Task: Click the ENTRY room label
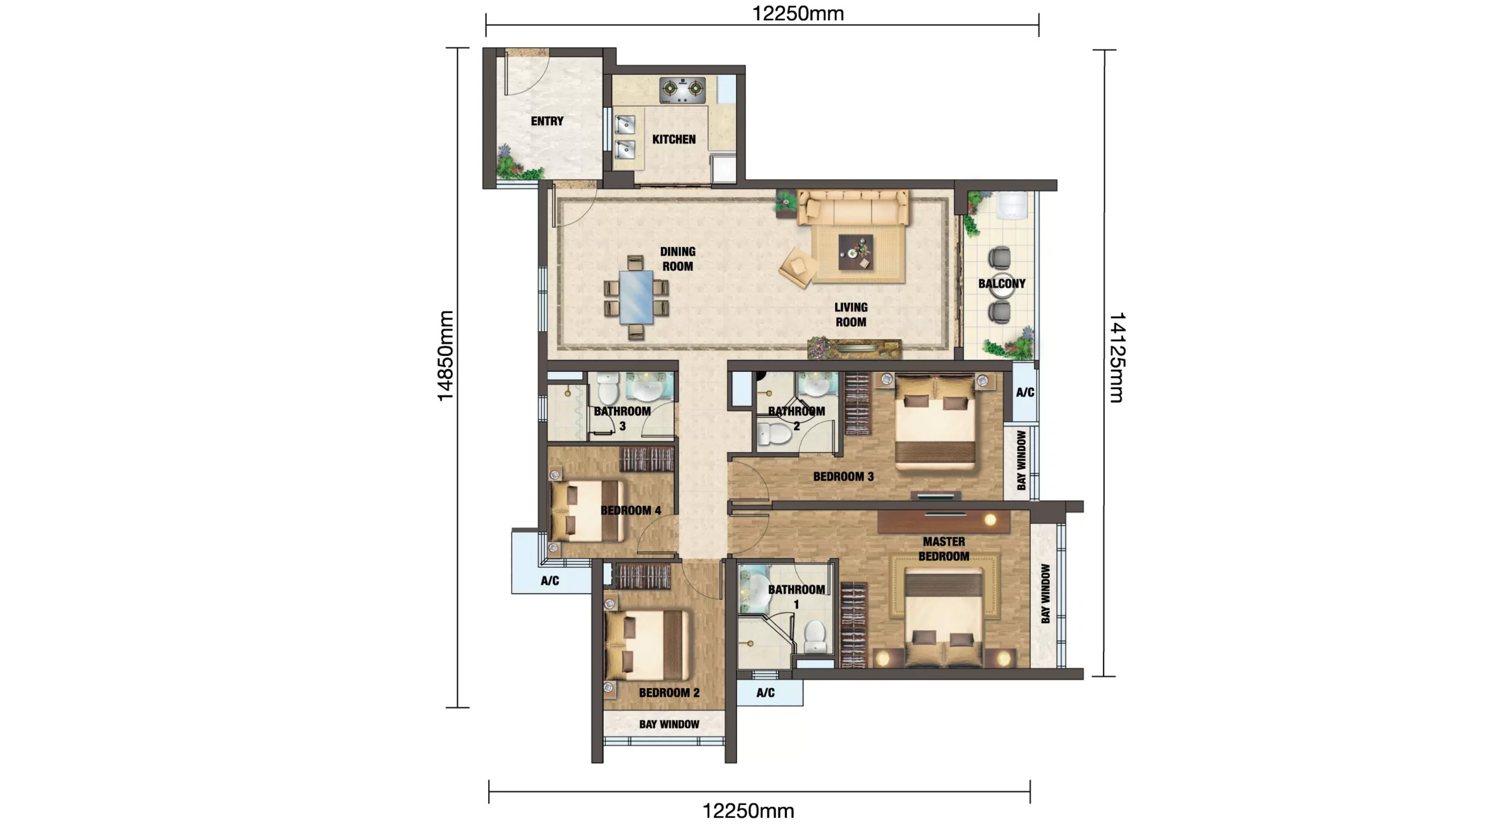click(x=547, y=121)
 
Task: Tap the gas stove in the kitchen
click(x=682, y=90)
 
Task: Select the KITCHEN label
click(x=673, y=139)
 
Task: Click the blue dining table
click(x=636, y=297)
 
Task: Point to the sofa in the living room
click(x=852, y=207)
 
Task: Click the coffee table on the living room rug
click(x=855, y=252)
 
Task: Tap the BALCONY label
click(x=1001, y=283)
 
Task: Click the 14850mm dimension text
click(x=445, y=356)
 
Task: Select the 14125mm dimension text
click(x=1116, y=357)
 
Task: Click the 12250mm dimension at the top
click(x=797, y=14)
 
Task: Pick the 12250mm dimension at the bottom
click(x=748, y=811)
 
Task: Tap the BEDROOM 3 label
click(x=843, y=476)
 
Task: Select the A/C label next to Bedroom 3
click(x=1025, y=392)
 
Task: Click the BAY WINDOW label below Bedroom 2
click(x=669, y=724)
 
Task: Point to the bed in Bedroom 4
click(x=587, y=511)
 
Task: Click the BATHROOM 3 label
click(x=622, y=418)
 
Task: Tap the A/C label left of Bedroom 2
click(x=550, y=581)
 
